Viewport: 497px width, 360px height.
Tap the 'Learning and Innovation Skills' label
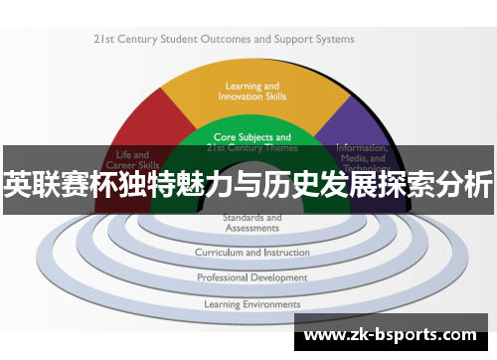pos(251,90)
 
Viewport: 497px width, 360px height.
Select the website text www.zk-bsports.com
pos(390,334)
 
